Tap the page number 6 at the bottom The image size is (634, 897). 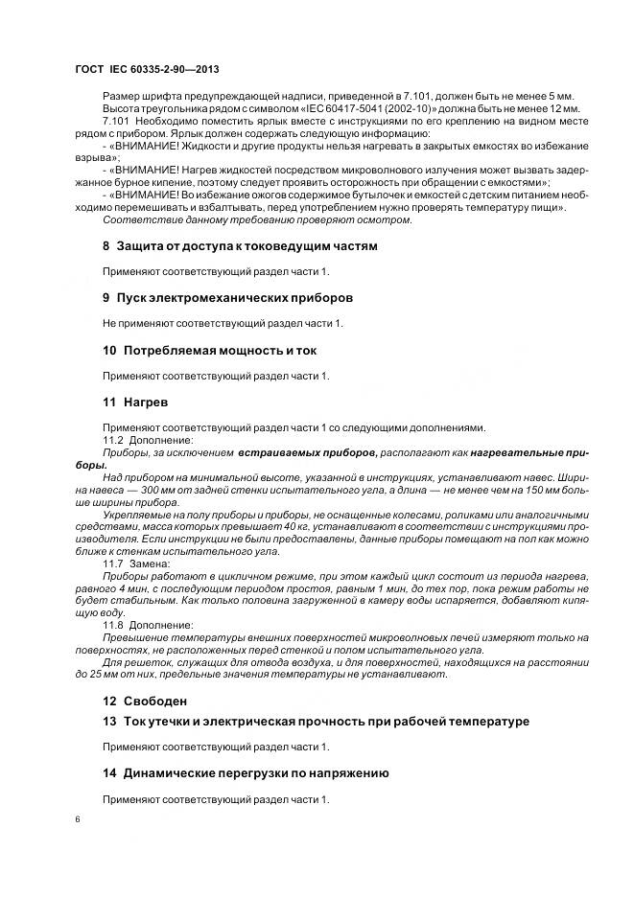[78, 818]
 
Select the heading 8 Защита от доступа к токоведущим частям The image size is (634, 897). [240, 246]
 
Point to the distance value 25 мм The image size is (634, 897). [114, 674]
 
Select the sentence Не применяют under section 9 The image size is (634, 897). [216, 324]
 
